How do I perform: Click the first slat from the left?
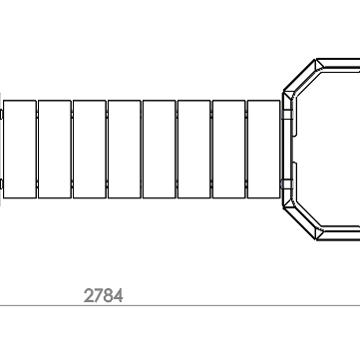click(20, 149)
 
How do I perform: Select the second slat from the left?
click(55, 149)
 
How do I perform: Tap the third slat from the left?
click(90, 149)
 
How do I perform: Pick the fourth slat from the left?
click(125, 149)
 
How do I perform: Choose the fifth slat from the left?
click(160, 149)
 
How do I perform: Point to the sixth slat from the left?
click(194, 149)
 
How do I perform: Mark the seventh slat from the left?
click(229, 149)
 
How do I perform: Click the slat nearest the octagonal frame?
click(264, 149)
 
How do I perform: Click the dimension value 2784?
click(103, 295)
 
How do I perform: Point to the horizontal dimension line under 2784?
click(180, 305)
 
